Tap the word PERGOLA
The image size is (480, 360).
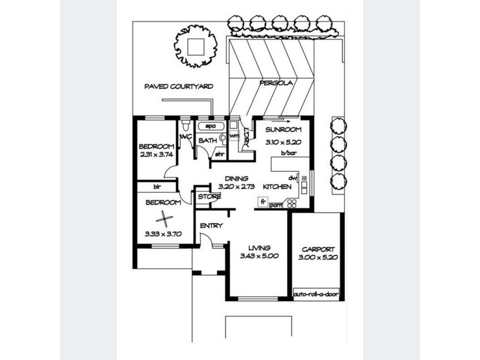coord(275,84)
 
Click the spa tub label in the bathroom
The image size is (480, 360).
coord(211,127)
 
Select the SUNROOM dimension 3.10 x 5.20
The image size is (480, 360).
coord(283,143)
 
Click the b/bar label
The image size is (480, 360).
coord(289,154)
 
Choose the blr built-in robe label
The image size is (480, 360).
coord(159,187)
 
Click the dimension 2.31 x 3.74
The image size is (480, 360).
coord(156,155)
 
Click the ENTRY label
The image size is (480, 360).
coord(211,226)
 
